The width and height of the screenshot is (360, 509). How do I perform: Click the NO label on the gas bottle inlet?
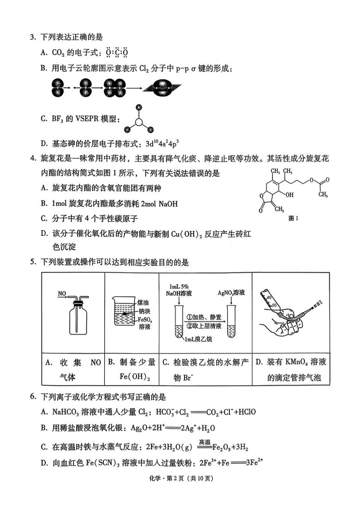(62, 295)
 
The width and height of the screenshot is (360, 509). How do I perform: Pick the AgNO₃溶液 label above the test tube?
(231, 293)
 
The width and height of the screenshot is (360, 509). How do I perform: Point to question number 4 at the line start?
(33, 159)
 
